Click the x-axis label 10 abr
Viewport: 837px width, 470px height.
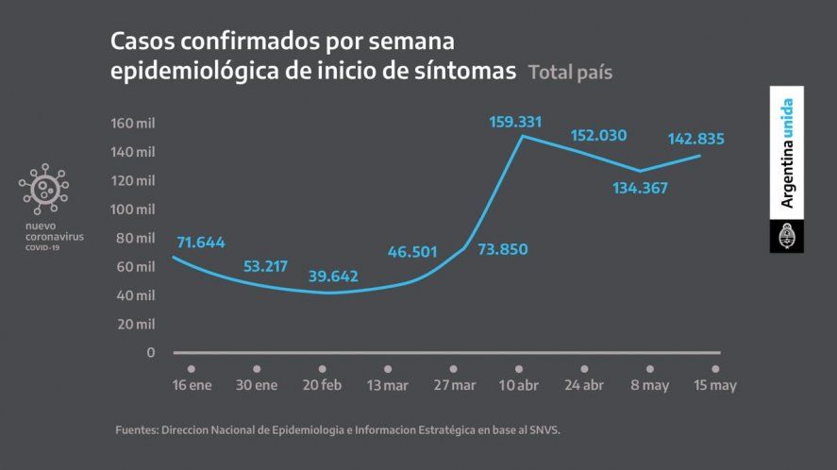point(518,385)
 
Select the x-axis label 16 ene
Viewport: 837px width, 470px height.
point(192,385)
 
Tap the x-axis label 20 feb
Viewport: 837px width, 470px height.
point(322,385)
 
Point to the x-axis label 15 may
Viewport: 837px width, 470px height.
point(714,385)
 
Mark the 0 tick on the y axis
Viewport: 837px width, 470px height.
point(150,353)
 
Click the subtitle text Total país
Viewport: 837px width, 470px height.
point(569,72)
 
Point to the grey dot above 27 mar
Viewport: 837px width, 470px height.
point(453,368)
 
